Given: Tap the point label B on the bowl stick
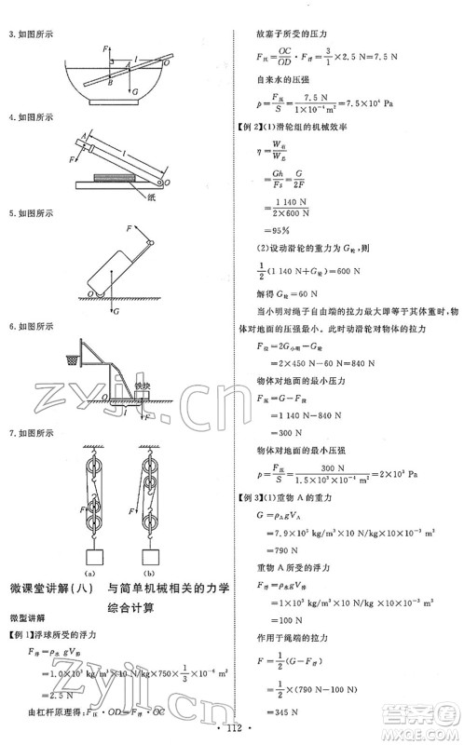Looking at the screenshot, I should [110, 82].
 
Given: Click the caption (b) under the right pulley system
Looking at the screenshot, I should [149, 559].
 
